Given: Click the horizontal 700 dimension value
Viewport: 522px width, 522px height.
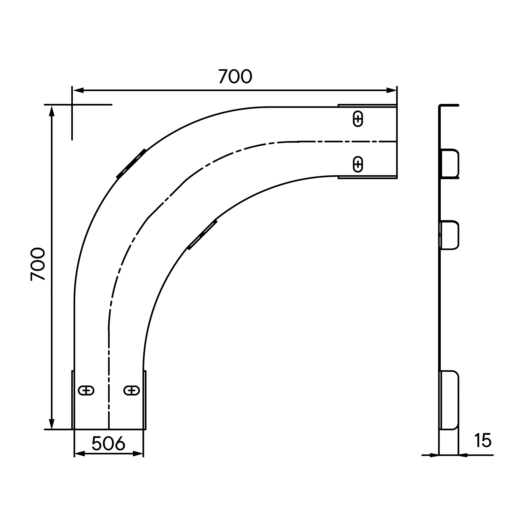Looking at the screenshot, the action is click(235, 76).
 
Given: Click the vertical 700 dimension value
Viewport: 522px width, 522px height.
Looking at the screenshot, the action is click(38, 264).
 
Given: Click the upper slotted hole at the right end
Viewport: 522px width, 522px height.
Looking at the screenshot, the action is click(358, 119).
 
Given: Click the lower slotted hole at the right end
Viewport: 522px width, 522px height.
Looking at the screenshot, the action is click(358, 164).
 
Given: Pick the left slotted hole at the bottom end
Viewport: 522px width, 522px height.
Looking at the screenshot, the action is click(86, 390).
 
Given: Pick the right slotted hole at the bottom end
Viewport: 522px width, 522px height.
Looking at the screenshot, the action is click(132, 390).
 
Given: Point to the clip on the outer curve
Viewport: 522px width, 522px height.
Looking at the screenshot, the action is click(131, 163).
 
